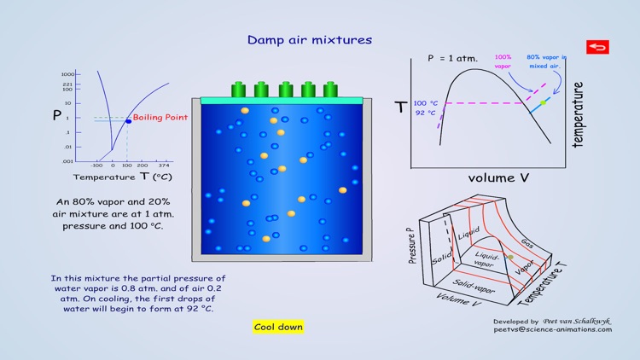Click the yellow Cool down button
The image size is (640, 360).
pyautogui.click(x=278, y=327)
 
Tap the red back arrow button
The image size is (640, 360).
pyautogui.click(x=597, y=47)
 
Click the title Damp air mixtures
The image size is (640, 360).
pyautogui.click(x=310, y=40)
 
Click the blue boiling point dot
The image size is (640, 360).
pyautogui.click(x=128, y=121)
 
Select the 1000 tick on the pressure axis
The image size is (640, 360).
pyautogui.click(x=68, y=74)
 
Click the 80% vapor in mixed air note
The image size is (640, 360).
pyautogui.click(x=546, y=61)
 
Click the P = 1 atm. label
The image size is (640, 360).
pyautogui.click(x=452, y=59)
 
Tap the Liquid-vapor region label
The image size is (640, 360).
pyautogui.click(x=488, y=259)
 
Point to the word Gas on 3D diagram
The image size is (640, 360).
pyautogui.click(x=528, y=242)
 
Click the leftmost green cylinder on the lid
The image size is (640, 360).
pyautogui.click(x=239, y=90)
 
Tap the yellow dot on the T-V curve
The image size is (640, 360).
pyautogui.click(x=543, y=102)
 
